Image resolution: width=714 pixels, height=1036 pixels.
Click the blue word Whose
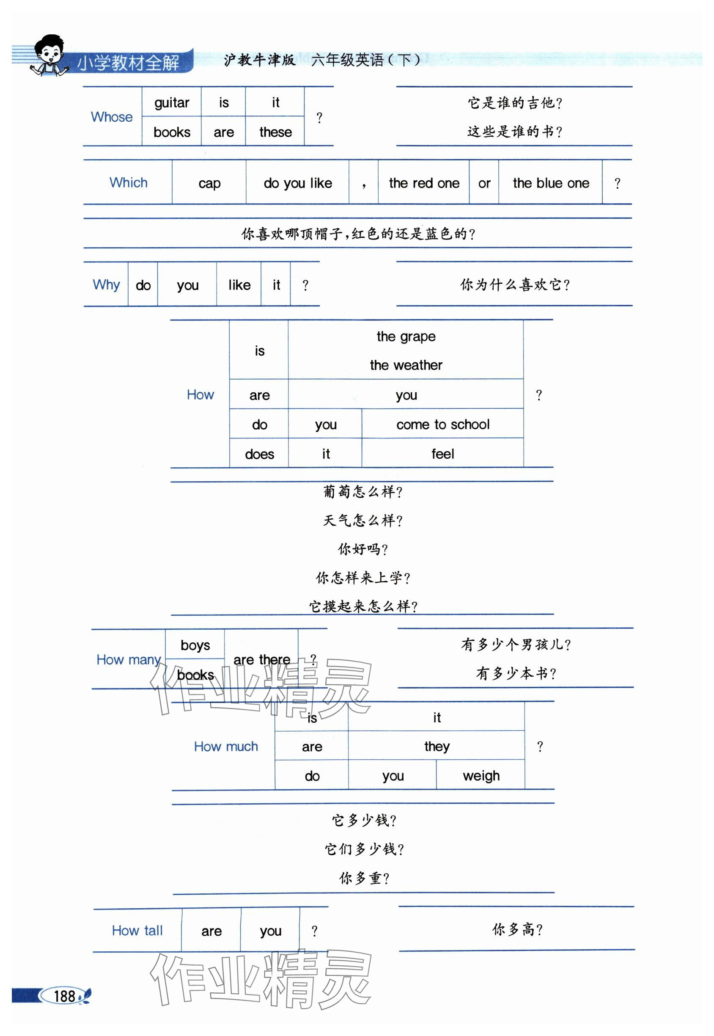[112, 117]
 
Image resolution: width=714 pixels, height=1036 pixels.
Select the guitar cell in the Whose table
[172, 103]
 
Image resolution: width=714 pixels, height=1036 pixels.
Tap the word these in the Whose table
[275, 132]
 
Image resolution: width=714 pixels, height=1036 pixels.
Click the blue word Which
[129, 182]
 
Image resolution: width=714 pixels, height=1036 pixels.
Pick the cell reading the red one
[424, 183]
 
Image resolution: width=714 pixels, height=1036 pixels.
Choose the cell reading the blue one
[551, 183]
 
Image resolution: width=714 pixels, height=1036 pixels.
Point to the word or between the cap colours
[484, 183]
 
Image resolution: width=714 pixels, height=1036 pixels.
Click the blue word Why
[106, 285]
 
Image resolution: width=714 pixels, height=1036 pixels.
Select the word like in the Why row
[239, 285]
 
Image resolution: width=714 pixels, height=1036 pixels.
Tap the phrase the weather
[406, 365]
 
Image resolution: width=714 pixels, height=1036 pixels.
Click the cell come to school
[443, 424]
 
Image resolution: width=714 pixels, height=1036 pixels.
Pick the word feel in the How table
[442, 454]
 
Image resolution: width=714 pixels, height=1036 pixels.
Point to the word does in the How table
[259, 454]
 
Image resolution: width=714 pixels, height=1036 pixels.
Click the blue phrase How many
[129, 660]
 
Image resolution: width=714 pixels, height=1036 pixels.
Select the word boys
[195, 645]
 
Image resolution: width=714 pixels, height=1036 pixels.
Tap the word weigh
[481, 776]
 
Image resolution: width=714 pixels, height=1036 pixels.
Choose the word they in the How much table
[437, 746]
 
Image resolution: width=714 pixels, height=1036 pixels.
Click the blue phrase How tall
[137, 930]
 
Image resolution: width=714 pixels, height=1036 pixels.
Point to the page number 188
[64, 996]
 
